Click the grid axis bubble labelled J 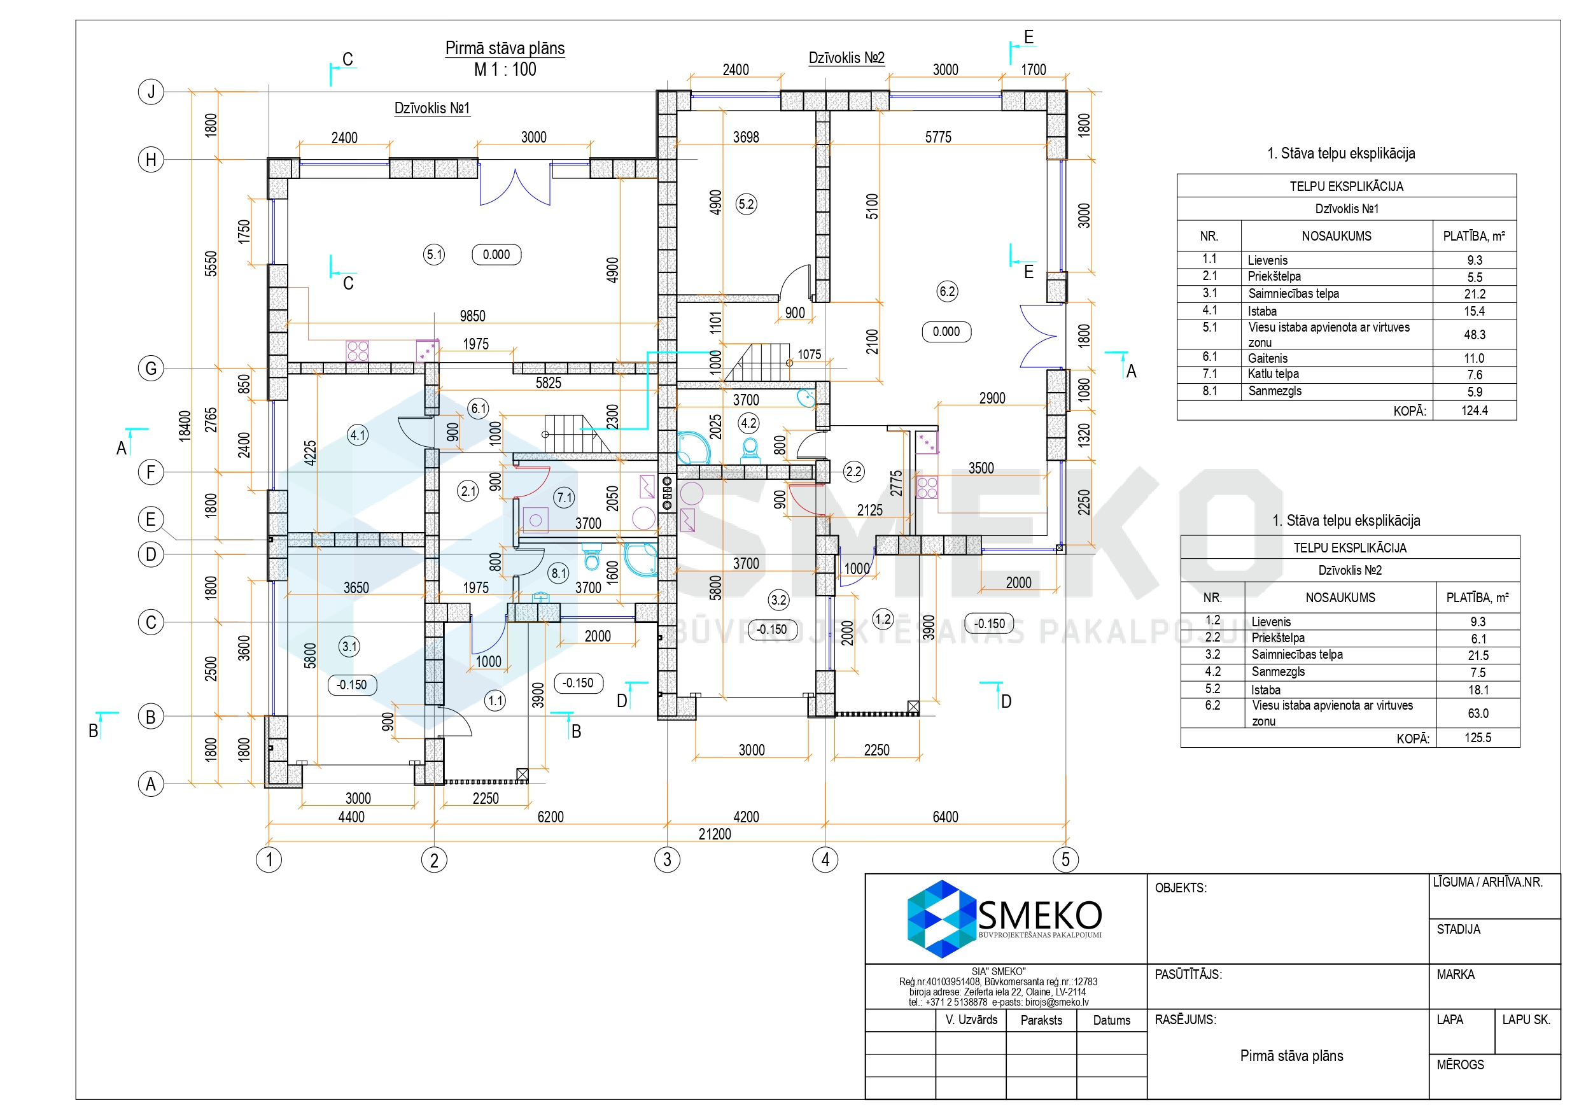151,92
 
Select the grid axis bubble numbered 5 1065,859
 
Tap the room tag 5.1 434,255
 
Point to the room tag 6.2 947,291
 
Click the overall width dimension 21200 715,834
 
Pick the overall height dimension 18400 185,426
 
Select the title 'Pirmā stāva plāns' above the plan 505,48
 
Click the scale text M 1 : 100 505,69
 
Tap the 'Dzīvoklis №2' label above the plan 846,58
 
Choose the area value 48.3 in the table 1474,335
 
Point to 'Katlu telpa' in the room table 1274,374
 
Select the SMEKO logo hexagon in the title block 941,919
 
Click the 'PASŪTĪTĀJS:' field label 1188,974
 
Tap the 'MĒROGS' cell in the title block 1460,1065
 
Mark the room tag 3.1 349,647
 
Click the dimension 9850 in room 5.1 472,316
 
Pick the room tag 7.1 565,497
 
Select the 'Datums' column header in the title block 1111,1020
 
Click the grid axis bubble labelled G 151,369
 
